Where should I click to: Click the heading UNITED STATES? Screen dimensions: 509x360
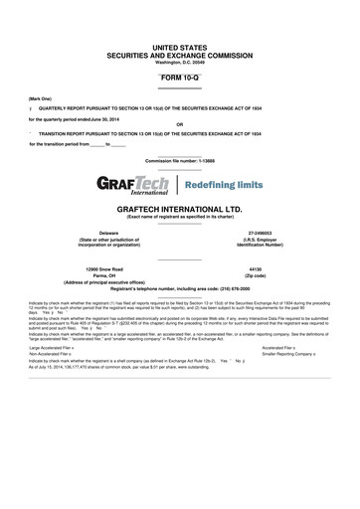pyautogui.click(x=179, y=48)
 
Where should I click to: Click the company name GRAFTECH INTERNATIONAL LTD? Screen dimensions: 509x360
pyautogui.click(x=179, y=210)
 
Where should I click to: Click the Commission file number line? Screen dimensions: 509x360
pyautogui.click(x=179, y=160)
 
